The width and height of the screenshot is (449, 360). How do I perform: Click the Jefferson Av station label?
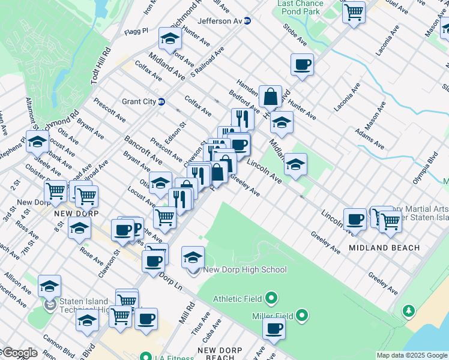click(220, 21)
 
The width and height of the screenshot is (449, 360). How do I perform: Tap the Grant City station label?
click(139, 101)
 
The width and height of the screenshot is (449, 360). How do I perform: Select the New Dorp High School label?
click(245, 270)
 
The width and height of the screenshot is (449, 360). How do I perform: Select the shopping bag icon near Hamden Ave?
click(271, 97)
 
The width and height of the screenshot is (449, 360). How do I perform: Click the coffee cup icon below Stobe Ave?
click(302, 65)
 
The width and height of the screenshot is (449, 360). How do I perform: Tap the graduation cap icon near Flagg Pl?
click(170, 40)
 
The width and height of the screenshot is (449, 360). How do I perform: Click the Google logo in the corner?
click(19, 353)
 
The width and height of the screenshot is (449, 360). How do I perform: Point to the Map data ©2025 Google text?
click(412, 355)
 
